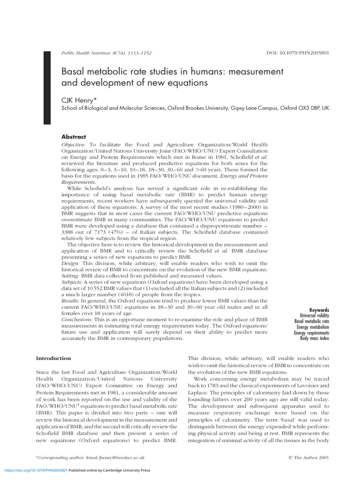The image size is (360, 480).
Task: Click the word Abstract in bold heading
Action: tap(74, 137)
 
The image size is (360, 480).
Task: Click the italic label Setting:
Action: tap(71, 276)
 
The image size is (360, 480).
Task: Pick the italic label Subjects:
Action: tap(72, 282)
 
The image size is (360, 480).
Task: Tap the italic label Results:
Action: tap(71, 300)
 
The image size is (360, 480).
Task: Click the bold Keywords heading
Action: tap(319, 310)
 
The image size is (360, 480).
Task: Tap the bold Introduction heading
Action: tap(53, 358)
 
